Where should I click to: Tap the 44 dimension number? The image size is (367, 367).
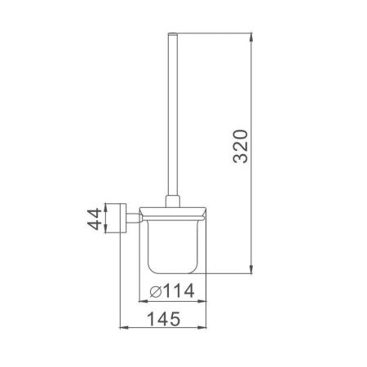pos(95,219)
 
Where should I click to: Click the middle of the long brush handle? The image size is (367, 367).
pos(172,114)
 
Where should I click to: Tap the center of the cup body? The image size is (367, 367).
pos(172,245)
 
